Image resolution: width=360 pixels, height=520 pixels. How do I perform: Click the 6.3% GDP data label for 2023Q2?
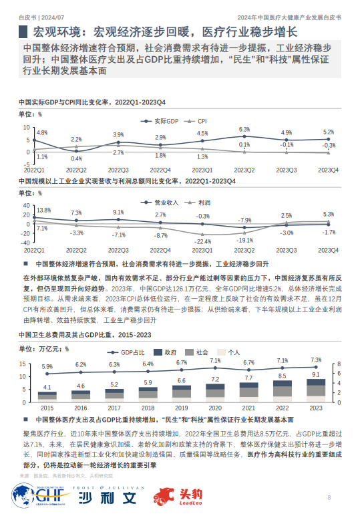point(244,130)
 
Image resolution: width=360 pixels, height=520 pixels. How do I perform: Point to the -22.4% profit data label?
point(202,241)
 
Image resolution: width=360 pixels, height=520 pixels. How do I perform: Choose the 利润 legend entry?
point(204,201)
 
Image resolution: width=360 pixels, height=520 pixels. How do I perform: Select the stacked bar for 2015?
point(47,397)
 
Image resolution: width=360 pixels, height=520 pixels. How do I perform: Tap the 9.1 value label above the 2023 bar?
point(316,375)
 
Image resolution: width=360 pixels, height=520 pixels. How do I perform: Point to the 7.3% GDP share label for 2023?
point(316,360)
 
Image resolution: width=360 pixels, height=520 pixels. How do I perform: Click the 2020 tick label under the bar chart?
point(215,407)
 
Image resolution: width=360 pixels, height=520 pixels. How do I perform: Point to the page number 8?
point(329,497)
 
